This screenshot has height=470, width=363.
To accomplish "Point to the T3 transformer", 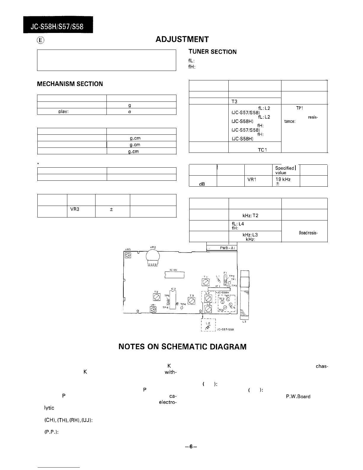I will pos(191,301).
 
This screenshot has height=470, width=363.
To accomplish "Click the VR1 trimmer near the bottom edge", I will pos(153,309).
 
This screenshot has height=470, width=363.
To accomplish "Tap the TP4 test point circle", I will pos(181,307).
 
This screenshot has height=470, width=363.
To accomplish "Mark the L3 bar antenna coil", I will pos(245,294).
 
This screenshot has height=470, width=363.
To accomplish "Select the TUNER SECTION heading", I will pos(213,52).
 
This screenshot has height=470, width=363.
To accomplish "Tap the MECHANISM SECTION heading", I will pos(70,84).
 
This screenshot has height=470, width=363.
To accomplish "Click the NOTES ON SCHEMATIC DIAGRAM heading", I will pos(182,347).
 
